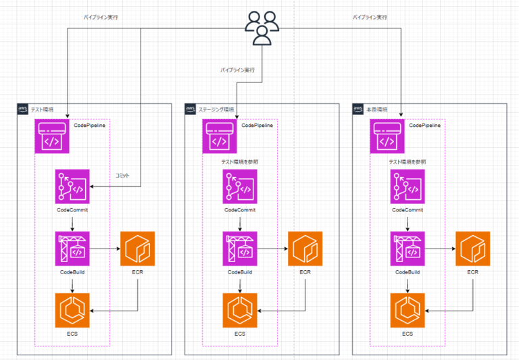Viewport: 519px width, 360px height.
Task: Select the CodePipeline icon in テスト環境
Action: coord(52,136)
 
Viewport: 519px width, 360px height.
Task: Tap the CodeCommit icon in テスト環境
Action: coord(72,186)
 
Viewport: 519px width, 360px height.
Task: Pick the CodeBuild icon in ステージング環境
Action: coord(239,249)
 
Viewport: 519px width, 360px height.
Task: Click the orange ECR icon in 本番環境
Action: coord(472,249)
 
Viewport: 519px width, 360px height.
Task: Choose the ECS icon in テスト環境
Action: coord(72,310)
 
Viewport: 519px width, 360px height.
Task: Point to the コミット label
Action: coord(122,176)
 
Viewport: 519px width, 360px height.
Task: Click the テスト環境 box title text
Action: coord(43,109)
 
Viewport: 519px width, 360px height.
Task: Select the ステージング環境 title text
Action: coord(216,109)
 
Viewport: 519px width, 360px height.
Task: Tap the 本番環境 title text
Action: coord(377,109)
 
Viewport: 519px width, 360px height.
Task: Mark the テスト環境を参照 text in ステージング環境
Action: coord(239,162)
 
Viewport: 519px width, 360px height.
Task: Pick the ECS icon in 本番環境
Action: coord(407,310)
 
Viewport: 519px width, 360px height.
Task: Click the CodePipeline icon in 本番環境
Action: coord(387,136)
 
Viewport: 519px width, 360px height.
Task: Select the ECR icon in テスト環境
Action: coord(138,249)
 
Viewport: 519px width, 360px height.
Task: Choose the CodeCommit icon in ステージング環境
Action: coord(239,186)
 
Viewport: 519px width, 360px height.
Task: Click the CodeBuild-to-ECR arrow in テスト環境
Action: coord(105,249)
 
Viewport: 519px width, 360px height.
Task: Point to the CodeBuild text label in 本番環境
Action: coord(407,272)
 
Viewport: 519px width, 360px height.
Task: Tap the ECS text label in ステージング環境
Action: coord(239,334)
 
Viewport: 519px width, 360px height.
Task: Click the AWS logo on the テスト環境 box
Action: coord(23,109)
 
